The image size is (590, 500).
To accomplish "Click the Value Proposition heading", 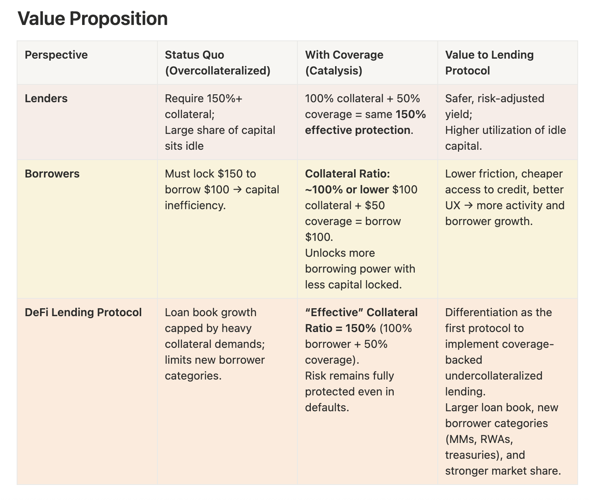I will point(92,19).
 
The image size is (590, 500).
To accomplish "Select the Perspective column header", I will point(56,55).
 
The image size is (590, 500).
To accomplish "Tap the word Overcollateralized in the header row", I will point(218,71).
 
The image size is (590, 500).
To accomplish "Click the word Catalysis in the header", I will point(333,71).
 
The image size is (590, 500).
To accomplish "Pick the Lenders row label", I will point(46,98).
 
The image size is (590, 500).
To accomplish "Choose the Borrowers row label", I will point(52,174).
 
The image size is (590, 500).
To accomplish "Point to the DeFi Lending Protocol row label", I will point(83,312).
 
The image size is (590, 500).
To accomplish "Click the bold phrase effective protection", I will point(357,130).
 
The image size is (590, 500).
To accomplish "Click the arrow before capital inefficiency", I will point(237,189).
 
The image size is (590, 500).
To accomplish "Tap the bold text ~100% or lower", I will point(347,189).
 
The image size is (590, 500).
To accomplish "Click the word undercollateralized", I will point(494,376).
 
